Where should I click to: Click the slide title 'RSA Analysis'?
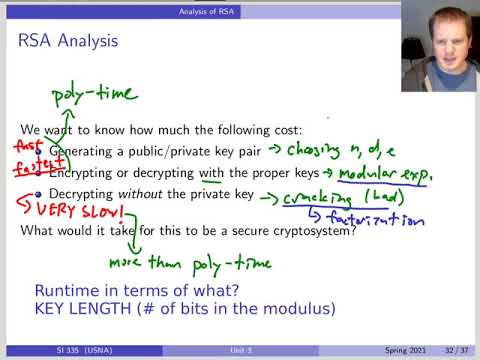[x=68, y=41]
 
